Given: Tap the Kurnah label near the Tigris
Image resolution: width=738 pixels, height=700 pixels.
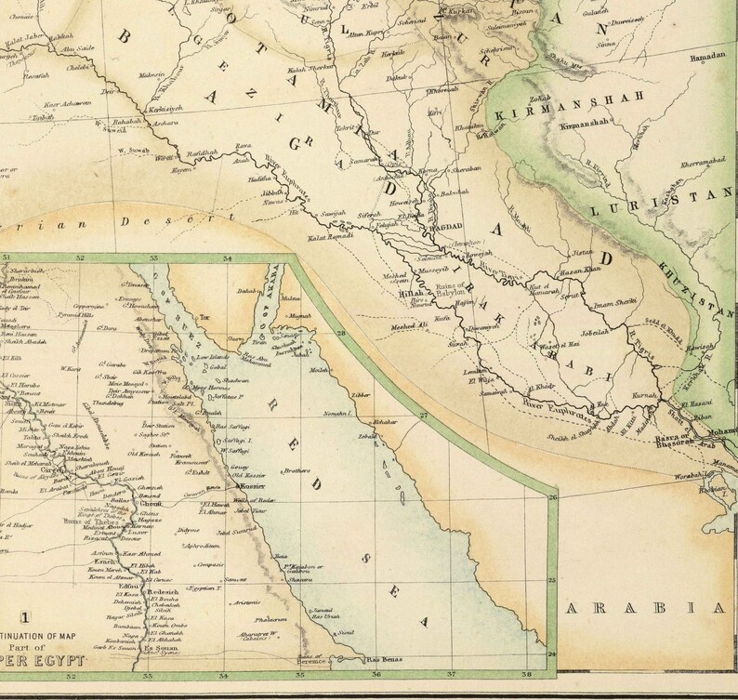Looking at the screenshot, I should pyautogui.click(x=617, y=394).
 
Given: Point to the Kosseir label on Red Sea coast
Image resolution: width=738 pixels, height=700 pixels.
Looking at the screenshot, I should pyautogui.click(x=253, y=486).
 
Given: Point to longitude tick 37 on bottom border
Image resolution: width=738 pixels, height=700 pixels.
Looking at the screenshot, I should pyautogui.click(x=453, y=675).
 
